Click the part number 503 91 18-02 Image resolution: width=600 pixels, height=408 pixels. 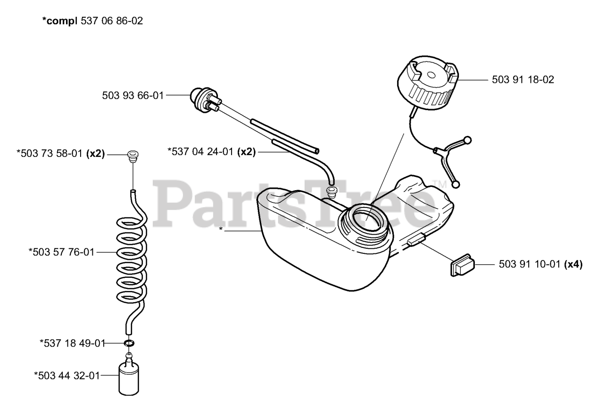(523, 80)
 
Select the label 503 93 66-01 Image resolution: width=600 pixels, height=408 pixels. (133, 96)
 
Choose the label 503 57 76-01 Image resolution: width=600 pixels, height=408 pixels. (61, 252)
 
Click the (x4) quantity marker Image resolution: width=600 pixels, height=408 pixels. (573, 265)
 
